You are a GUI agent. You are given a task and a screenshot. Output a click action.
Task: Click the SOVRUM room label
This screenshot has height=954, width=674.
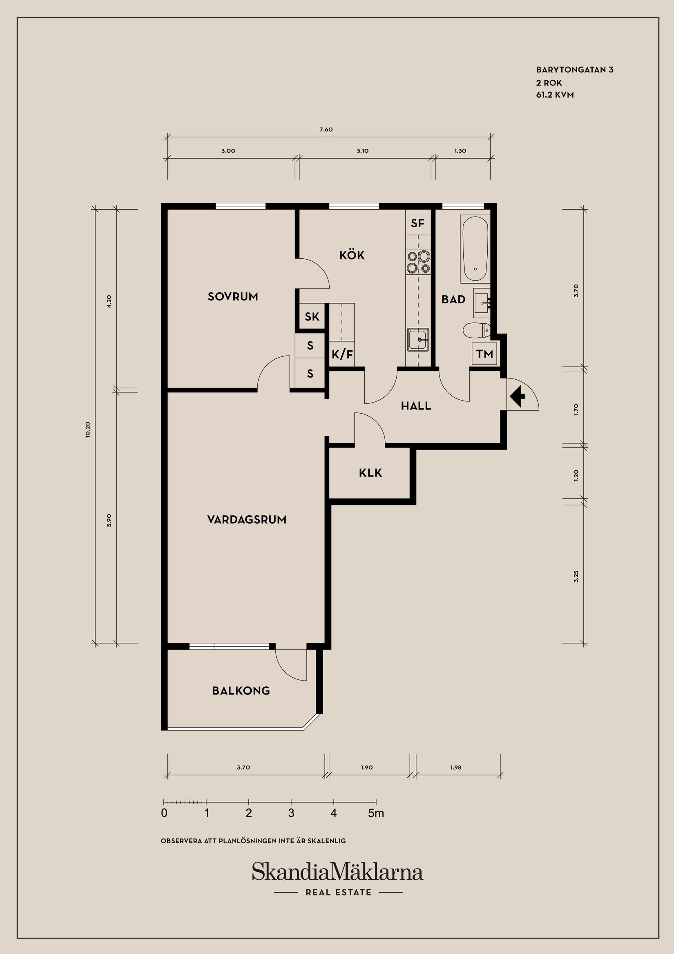pos(232,297)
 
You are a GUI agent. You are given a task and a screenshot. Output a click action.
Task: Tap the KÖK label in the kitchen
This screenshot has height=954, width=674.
pos(352,255)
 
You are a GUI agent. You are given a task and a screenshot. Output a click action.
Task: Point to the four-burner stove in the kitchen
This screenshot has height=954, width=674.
pos(418,262)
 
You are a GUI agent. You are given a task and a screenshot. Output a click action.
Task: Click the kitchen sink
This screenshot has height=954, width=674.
pos(418,340)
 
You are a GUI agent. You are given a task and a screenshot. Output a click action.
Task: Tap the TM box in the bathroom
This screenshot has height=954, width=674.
pos(484,354)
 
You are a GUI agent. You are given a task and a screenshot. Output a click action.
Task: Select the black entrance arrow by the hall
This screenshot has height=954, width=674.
pos(518,396)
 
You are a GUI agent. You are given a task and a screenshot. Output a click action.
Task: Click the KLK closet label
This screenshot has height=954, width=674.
pos(370,473)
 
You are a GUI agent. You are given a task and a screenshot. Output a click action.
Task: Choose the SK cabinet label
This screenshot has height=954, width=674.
pos(312,317)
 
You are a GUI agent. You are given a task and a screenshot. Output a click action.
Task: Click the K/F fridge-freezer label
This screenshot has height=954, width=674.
pos(342,355)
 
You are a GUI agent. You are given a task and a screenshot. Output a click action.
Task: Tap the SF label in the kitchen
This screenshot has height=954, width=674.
pos(418,224)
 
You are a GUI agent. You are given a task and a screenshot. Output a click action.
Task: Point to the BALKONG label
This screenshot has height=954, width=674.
pos(241,691)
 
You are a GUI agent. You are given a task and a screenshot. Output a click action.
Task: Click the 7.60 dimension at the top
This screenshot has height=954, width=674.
pos(326,129)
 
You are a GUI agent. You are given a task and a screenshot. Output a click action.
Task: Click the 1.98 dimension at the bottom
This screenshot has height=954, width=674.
pos(455,768)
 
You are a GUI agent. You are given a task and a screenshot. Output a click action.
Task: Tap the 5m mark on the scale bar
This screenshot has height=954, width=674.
pos(376,813)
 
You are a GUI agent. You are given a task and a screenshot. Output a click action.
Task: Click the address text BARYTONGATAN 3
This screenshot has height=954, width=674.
pos(575,70)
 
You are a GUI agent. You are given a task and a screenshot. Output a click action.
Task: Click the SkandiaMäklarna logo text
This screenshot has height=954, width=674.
pos(337,872)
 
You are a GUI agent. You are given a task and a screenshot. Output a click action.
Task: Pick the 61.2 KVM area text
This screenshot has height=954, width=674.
pos(555,95)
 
